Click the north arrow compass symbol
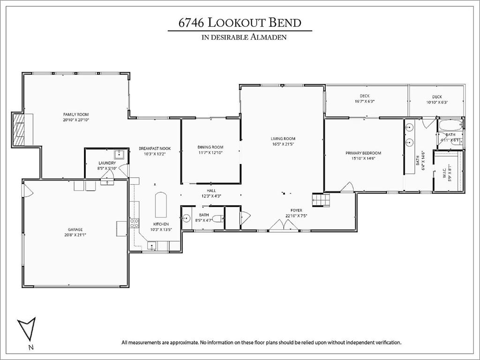coord(27,329)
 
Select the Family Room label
coord(76,114)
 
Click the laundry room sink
coord(119,154)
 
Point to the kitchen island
coord(161,205)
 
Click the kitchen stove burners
coord(135,223)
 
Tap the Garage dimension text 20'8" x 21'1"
coord(75,235)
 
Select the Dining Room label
coord(210,147)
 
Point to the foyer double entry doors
coord(284,225)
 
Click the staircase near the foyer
coord(321,200)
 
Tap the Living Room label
coord(283,139)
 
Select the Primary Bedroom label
coord(363,153)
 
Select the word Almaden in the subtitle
coord(269,37)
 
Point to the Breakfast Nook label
coord(155,149)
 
